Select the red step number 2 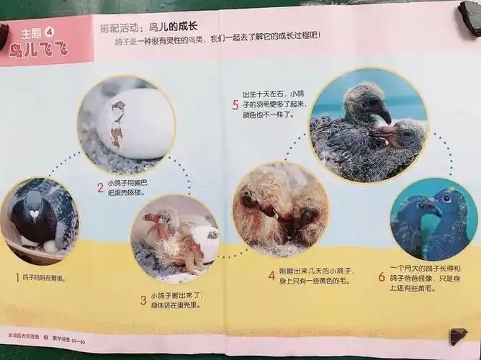pos(101,188)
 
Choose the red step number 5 pos(235,105)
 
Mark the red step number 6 pos(382,276)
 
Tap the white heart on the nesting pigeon pos(34,213)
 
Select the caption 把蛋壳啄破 pos(126,193)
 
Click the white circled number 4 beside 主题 pos(50,32)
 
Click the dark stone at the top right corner pos(472,18)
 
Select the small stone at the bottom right pos(458,336)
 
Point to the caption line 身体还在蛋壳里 pos(175,305)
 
